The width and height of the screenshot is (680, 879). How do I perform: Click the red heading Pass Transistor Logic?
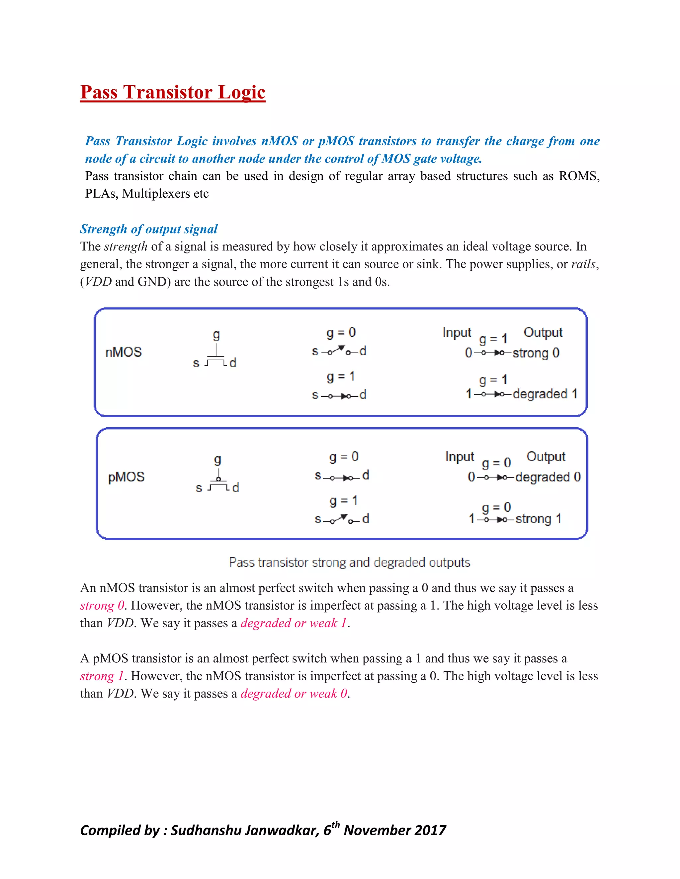click(172, 92)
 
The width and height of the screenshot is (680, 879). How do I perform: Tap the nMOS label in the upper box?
click(123, 352)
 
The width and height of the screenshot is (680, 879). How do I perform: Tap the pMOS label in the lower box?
click(126, 477)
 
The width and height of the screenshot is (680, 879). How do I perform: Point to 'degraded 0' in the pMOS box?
click(548, 477)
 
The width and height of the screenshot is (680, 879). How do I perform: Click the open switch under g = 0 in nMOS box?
click(339, 351)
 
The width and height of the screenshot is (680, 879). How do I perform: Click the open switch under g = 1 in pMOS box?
click(342, 519)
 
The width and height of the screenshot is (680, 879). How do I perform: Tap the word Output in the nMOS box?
click(543, 332)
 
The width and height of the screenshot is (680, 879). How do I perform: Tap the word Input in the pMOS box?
click(459, 457)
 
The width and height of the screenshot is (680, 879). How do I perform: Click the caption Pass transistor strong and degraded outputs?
click(349, 562)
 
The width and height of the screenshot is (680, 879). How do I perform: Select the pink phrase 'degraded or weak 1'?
click(294, 623)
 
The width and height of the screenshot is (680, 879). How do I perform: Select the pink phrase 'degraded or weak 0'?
click(294, 694)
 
